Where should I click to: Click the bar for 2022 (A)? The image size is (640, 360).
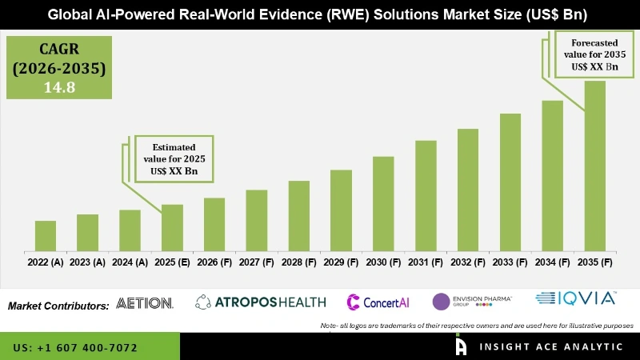pyautogui.click(x=46, y=234)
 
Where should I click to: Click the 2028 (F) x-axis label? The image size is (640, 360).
pyautogui.click(x=298, y=262)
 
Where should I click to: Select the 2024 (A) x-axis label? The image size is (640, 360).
pyautogui.click(x=130, y=262)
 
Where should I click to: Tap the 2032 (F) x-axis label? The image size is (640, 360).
pyautogui.click(x=468, y=262)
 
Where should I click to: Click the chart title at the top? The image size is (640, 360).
pyautogui.click(x=320, y=14)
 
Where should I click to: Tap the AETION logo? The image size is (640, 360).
pyautogui.click(x=145, y=303)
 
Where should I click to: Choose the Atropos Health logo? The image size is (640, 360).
pyautogui.click(x=261, y=302)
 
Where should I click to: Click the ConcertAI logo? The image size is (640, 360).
pyautogui.click(x=381, y=302)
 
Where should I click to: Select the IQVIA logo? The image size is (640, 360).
pyautogui.click(x=575, y=299)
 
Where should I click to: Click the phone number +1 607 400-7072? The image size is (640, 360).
pyautogui.click(x=75, y=348)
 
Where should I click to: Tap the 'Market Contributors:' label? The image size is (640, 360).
pyautogui.click(x=58, y=306)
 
